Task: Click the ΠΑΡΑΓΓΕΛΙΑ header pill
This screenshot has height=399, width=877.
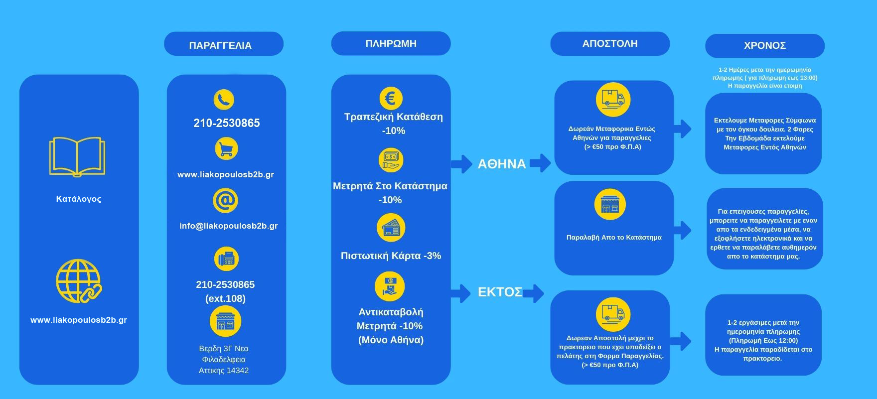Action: point(223,45)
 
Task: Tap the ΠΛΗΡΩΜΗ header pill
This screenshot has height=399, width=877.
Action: point(391,43)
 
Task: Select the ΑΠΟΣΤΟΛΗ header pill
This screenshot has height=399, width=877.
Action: point(609,43)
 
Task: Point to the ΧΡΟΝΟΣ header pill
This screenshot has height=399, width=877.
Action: point(764,45)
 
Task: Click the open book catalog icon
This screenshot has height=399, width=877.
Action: point(77,156)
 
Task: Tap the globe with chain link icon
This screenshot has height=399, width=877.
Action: point(78,281)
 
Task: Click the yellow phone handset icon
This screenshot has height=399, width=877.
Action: point(224,99)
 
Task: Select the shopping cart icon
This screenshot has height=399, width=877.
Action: point(226,148)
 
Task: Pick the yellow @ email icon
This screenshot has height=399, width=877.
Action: point(225,201)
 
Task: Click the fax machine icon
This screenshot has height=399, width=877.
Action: point(226,259)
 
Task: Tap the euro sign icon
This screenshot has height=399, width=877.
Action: point(391,98)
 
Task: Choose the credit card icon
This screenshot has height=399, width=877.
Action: point(391,228)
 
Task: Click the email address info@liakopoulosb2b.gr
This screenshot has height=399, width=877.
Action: point(229,226)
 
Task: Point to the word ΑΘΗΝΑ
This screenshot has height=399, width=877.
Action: point(501,164)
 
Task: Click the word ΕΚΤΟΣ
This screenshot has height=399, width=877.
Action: point(500,292)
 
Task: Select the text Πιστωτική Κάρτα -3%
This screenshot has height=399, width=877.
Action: point(391,256)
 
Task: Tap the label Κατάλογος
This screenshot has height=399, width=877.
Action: point(79,199)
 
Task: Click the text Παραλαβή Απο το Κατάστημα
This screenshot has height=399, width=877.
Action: point(614,237)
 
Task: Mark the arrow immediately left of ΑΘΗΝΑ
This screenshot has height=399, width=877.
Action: point(462,163)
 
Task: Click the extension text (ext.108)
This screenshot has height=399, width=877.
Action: point(225,298)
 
